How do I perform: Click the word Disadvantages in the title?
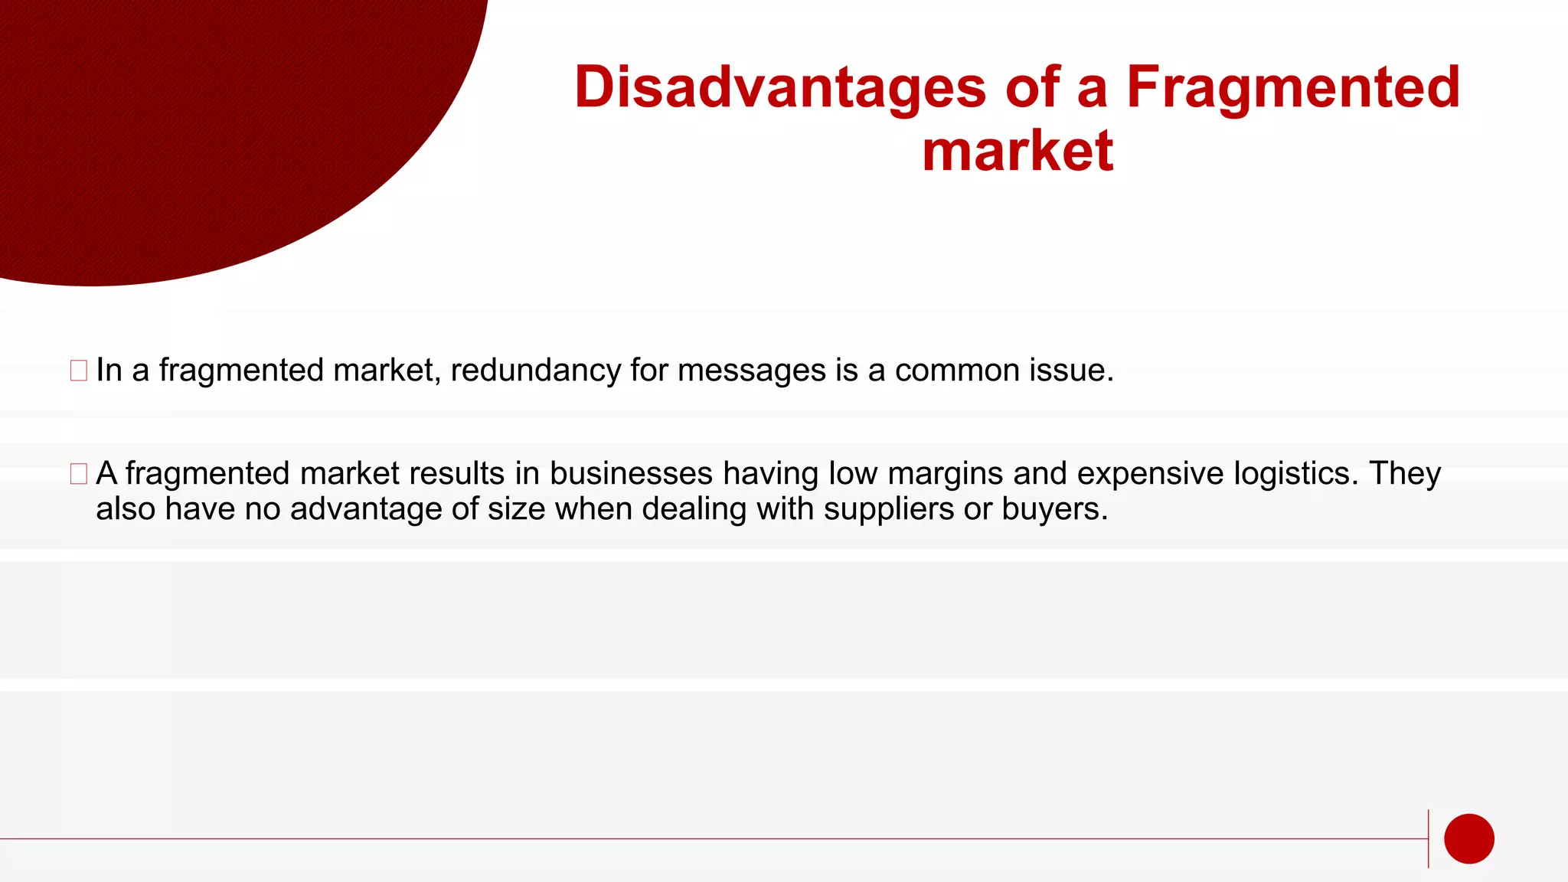780,87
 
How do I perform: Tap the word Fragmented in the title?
1293,87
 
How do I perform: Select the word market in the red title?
1018,151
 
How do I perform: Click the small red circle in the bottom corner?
1468,838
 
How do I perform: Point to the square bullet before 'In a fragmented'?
78,371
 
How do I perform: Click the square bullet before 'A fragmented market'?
78,474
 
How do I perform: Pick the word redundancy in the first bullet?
536,371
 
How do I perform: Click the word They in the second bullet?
1404,474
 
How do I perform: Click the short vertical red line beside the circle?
1428,838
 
